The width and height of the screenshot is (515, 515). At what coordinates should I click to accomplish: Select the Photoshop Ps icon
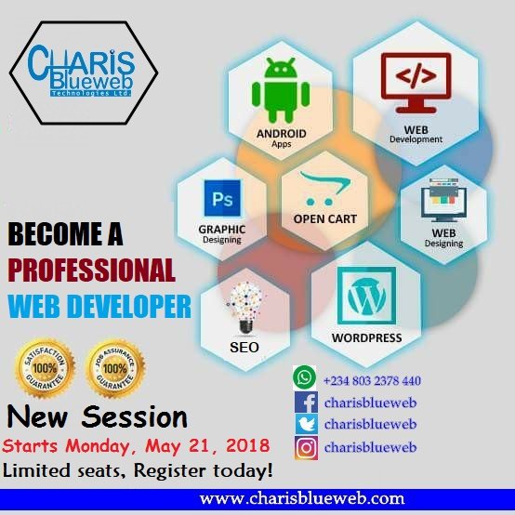[222, 198]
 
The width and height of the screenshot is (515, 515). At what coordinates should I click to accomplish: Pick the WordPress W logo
[366, 296]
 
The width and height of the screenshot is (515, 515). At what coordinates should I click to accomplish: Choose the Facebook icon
[305, 403]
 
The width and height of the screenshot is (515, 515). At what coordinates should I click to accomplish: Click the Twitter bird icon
[305, 425]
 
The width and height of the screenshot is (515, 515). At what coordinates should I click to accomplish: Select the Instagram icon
[305, 447]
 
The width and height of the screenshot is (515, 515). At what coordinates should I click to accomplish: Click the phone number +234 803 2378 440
[372, 380]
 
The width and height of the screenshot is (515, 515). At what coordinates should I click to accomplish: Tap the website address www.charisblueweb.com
[302, 497]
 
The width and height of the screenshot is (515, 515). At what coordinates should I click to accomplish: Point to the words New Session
[98, 415]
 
